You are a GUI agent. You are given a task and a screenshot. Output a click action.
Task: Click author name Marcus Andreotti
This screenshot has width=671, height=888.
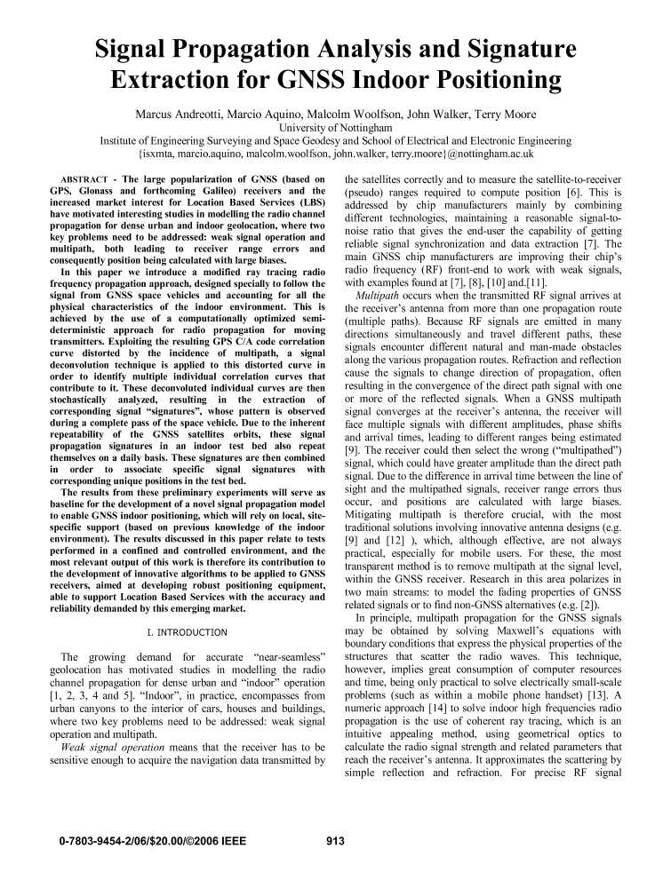187,115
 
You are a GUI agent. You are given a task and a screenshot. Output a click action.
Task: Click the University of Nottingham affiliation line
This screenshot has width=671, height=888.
335,128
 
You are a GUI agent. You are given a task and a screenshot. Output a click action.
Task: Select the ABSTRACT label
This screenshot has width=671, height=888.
82,179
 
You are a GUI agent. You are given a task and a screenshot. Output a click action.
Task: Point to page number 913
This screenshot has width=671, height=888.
335,840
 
